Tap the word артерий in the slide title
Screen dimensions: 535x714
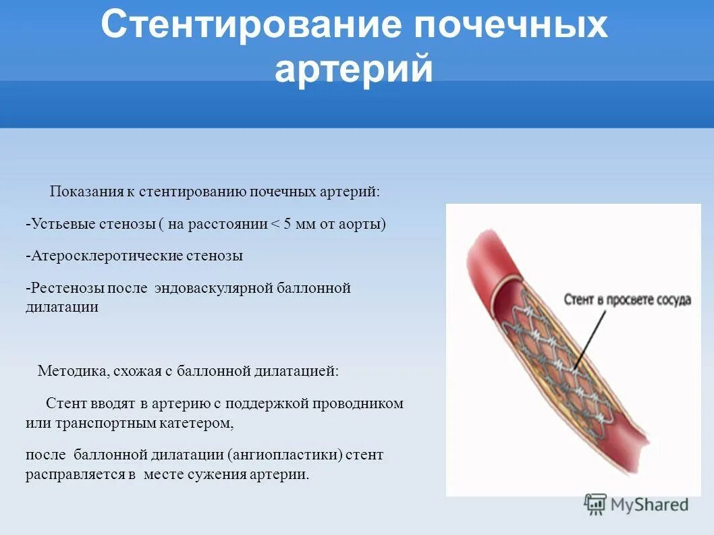pos(354,70)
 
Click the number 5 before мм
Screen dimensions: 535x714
pos(287,225)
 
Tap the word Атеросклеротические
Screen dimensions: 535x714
pos(101,256)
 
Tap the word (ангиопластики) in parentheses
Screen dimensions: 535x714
pos(285,455)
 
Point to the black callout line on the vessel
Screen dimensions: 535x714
pos(589,335)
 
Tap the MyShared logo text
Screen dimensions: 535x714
pos(649,504)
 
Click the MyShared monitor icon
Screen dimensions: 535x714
pos(595,504)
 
